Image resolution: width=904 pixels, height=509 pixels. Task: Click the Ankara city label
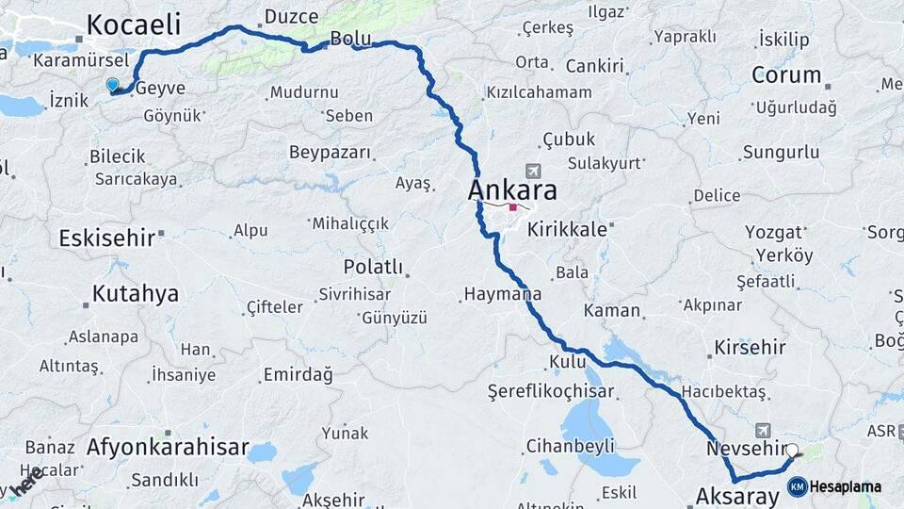point(512,190)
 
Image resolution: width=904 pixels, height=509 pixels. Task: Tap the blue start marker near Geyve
point(113,85)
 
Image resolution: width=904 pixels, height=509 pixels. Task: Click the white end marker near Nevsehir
point(791,452)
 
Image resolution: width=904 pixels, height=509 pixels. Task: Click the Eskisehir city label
point(106,238)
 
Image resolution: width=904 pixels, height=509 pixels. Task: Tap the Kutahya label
point(136,293)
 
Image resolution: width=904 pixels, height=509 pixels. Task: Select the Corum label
point(786,74)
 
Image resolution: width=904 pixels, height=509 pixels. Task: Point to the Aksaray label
point(737,495)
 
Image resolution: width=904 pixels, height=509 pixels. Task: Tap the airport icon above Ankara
point(534,171)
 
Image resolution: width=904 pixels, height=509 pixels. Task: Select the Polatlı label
point(373,267)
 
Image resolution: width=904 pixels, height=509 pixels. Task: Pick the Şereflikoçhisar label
point(551,391)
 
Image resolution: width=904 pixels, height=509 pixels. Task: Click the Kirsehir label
point(751,348)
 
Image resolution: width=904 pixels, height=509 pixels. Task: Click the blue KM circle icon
point(798,486)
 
